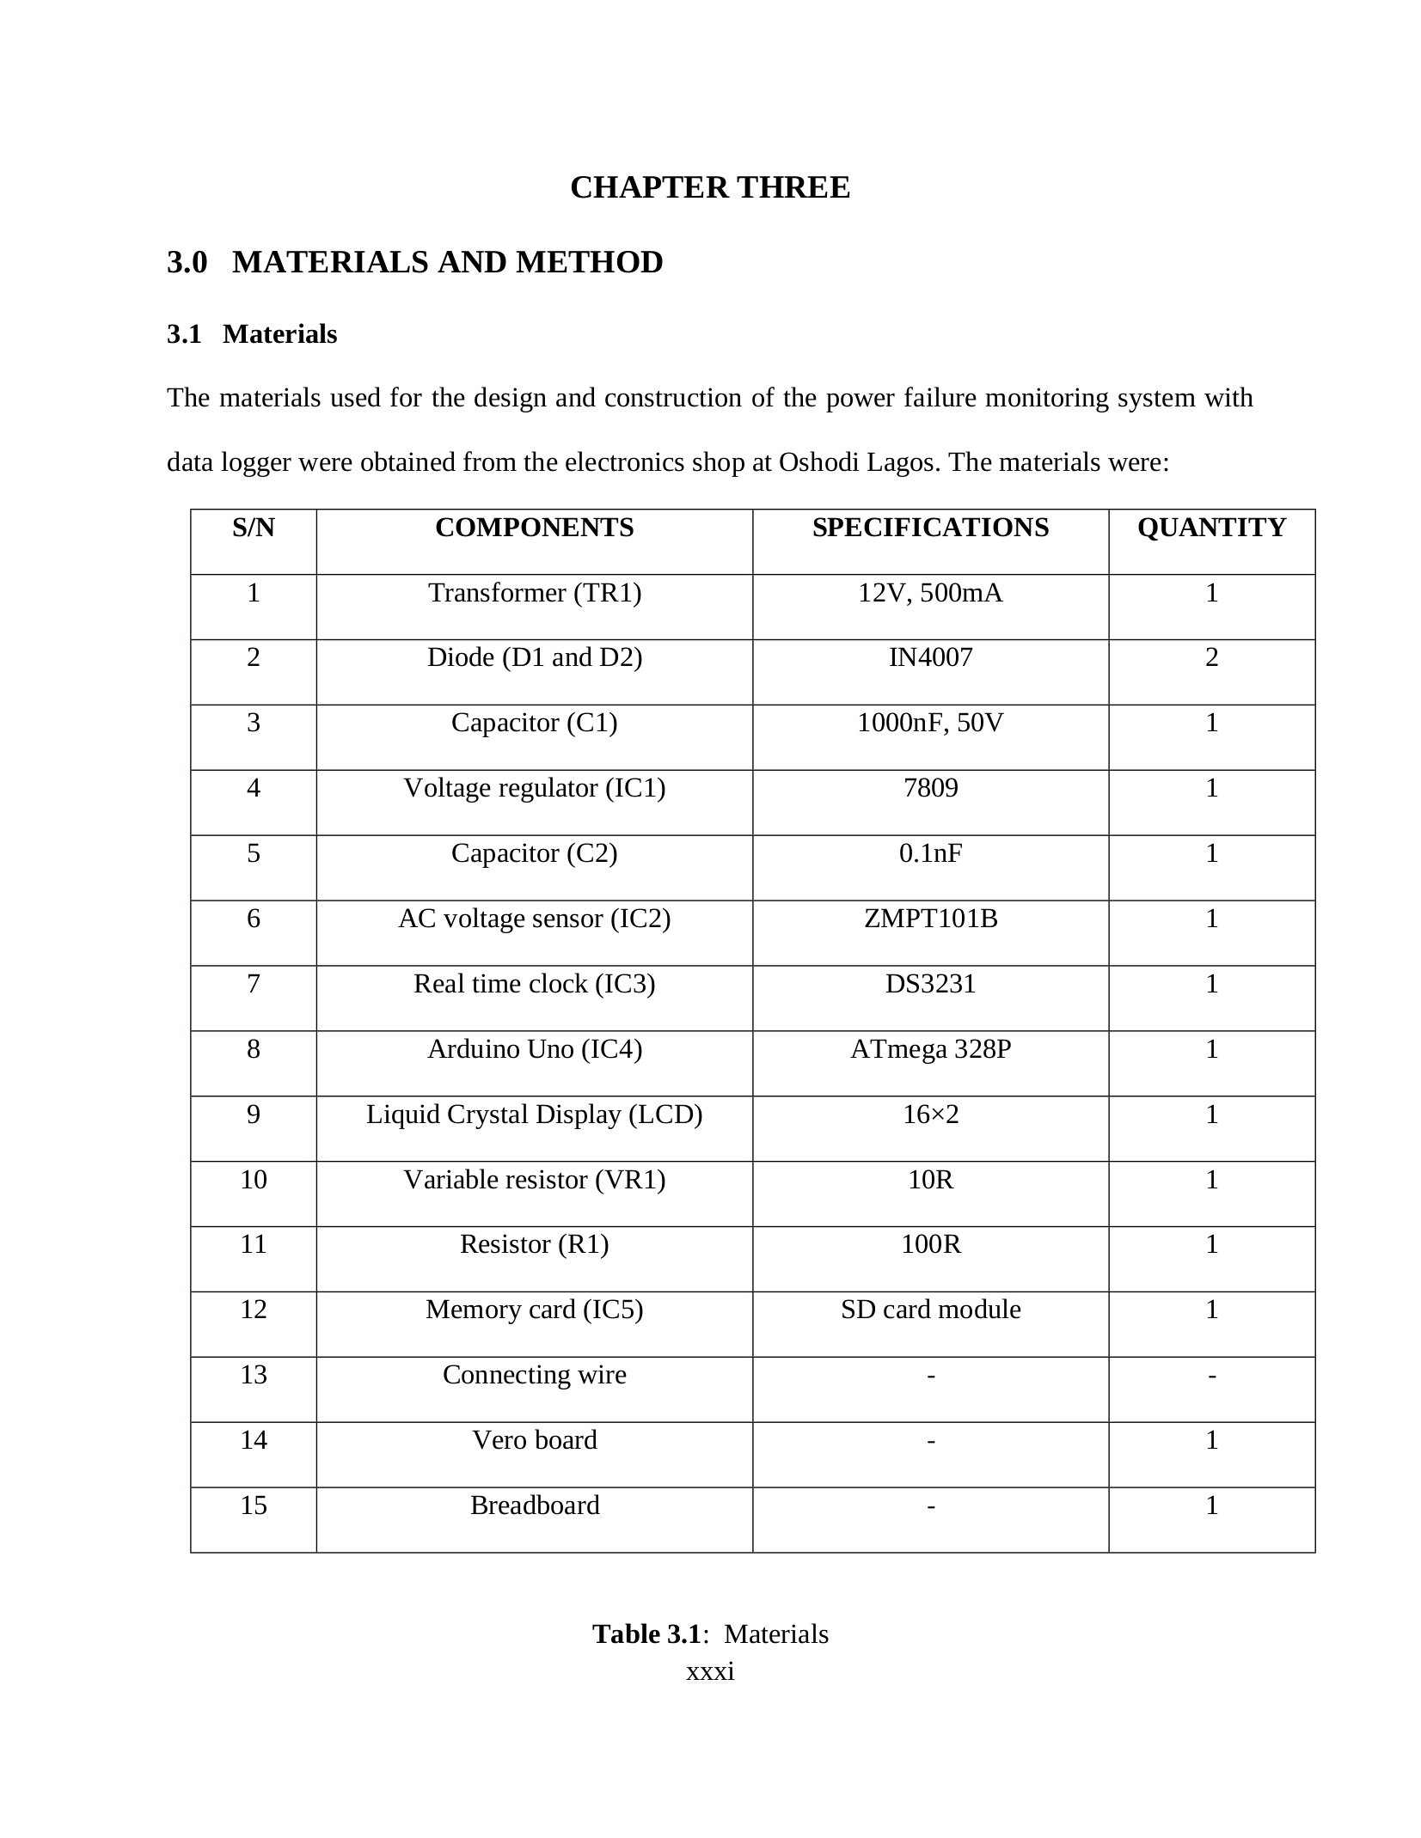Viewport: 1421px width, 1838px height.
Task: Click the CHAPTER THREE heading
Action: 709,187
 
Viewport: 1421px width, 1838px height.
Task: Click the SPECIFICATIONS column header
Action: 930,528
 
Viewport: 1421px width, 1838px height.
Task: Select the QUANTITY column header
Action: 1211,528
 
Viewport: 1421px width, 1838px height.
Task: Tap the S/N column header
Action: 254,528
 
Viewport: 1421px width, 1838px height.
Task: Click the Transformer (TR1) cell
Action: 534,593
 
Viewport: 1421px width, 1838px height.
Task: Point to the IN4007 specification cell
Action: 930,657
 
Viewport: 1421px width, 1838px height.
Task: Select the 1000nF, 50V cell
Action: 930,723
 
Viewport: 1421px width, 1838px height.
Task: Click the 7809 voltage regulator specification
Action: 930,788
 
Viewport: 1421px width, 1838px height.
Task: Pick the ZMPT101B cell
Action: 930,919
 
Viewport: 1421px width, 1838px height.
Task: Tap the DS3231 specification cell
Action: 930,983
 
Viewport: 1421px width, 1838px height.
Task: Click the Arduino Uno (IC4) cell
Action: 534,1049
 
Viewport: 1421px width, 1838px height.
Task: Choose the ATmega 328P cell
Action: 930,1049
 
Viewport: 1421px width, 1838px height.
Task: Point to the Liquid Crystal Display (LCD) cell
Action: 534,1114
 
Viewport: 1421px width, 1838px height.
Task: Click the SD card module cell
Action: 930,1310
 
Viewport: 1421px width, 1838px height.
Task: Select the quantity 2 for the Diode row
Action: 1211,657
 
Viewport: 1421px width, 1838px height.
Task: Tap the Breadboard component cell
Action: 534,1505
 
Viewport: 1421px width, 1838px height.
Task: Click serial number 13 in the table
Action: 254,1375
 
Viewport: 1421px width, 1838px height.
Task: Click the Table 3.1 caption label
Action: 646,1633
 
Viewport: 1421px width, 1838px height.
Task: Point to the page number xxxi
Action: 710,1671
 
